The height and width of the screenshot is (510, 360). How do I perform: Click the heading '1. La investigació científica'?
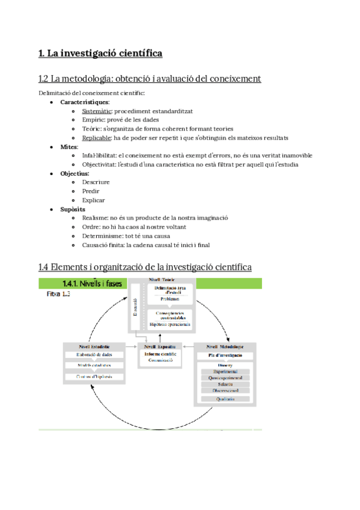[100, 54]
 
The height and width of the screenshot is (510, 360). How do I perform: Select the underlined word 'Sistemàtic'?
[96, 111]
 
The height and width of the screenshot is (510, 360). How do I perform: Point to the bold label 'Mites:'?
[69, 147]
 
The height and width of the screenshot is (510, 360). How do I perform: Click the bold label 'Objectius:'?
[75, 173]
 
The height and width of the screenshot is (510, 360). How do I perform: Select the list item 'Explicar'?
[94, 200]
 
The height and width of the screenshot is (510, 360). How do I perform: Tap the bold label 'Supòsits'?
[73, 209]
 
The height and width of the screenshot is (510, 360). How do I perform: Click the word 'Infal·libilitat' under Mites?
[99, 156]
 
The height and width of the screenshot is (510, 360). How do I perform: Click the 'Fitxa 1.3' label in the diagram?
[59, 295]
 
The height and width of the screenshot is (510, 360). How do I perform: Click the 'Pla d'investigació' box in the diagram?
[225, 357]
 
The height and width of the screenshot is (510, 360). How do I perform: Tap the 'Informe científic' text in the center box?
[160, 354]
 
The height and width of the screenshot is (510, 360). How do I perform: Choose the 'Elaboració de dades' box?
[94, 355]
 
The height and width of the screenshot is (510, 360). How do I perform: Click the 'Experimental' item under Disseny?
[225, 372]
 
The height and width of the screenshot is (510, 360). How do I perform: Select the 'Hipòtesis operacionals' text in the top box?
[170, 324]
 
